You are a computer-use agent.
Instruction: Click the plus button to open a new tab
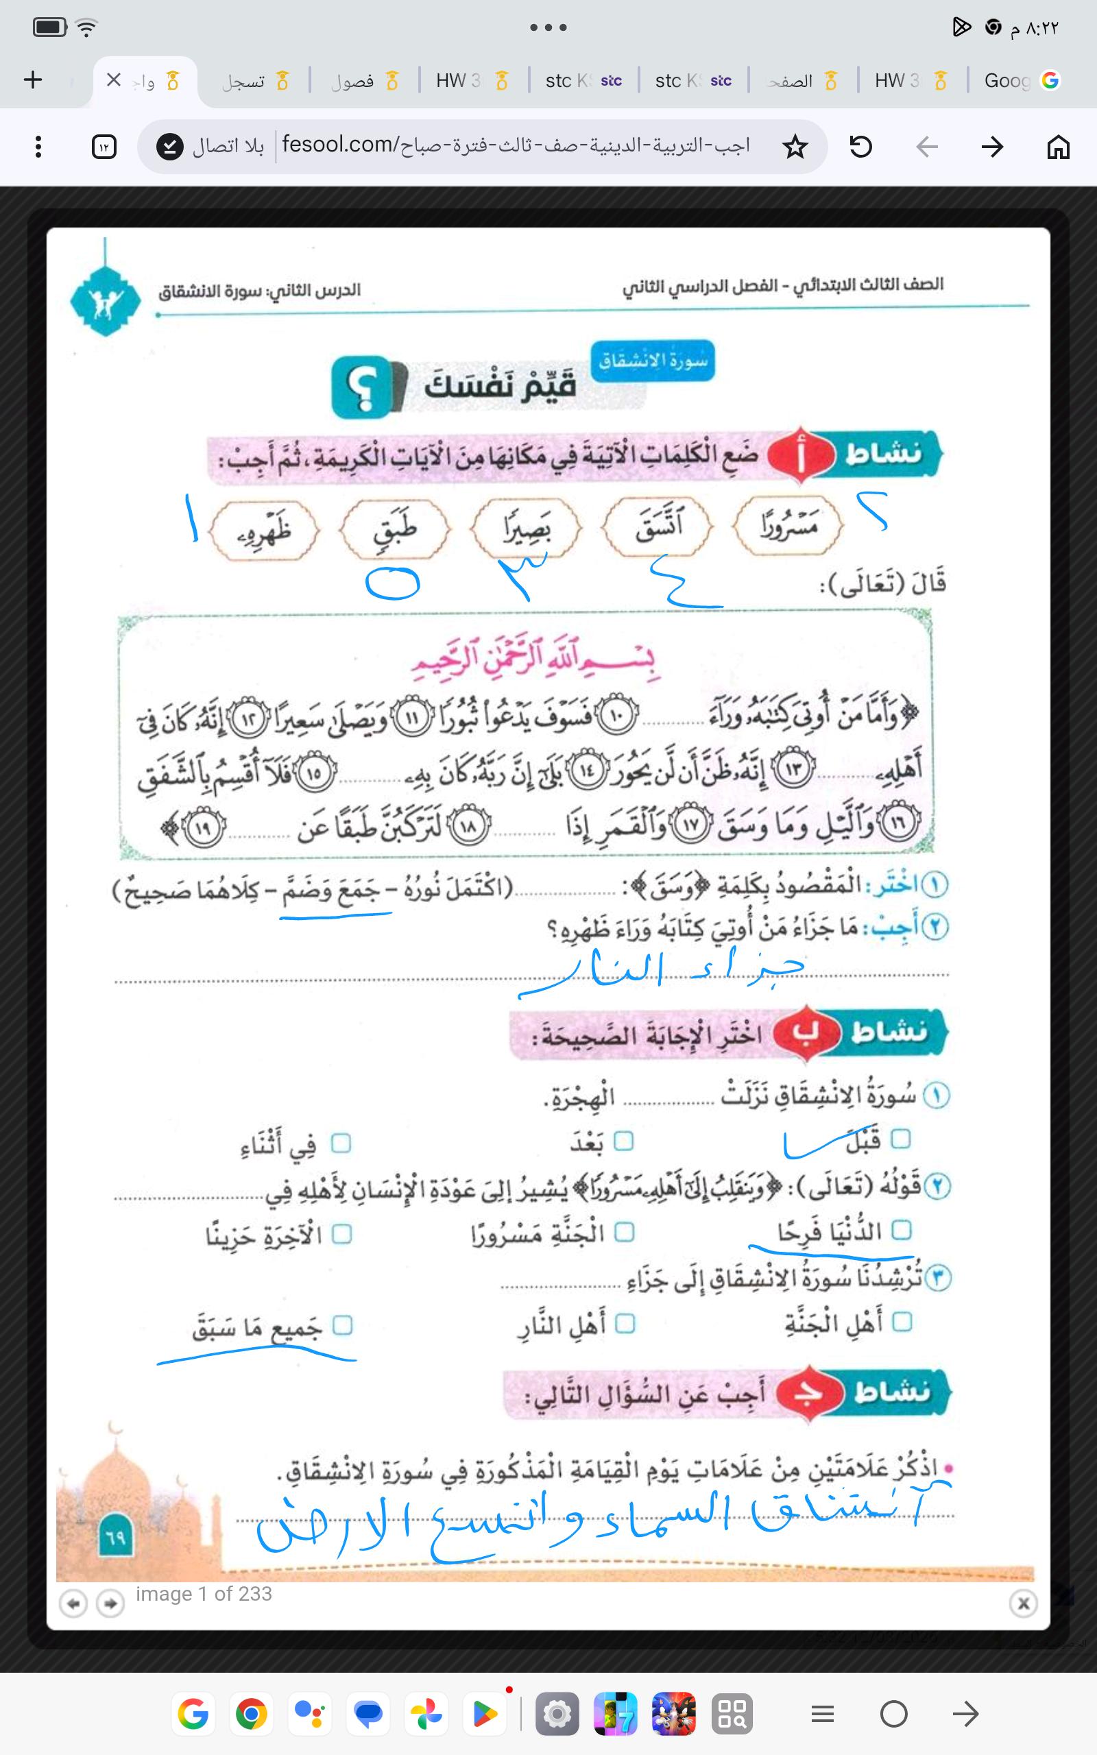click(x=34, y=80)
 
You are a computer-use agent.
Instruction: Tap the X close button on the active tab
click(x=113, y=80)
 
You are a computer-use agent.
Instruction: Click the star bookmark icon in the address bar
click(x=795, y=147)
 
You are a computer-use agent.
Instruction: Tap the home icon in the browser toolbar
click(x=1058, y=147)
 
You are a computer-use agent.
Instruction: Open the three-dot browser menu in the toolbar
click(x=38, y=147)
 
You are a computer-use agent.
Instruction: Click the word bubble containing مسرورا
click(x=788, y=526)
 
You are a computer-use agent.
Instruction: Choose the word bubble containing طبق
click(x=396, y=529)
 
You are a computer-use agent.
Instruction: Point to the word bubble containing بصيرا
click(x=526, y=529)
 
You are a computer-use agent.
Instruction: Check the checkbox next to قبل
click(x=900, y=1139)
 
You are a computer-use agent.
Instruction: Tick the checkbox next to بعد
click(x=623, y=1141)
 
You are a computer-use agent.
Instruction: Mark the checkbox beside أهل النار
click(x=625, y=1324)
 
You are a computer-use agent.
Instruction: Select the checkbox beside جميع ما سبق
click(x=341, y=1326)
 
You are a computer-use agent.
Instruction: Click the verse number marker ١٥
click(x=313, y=774)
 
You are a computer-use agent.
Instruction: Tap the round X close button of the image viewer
click(x=1023, y=1603)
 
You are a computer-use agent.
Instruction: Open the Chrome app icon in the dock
click(x=251, y=1715)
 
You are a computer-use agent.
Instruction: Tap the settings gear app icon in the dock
click(x=557, y=1715)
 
